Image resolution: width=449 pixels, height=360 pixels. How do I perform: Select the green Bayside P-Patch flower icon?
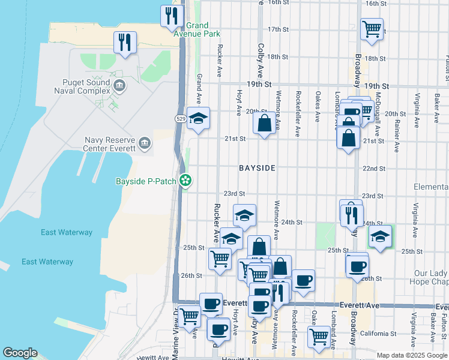click(x=186, y=180)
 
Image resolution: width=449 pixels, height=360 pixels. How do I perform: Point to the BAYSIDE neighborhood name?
click(x=257, y=169)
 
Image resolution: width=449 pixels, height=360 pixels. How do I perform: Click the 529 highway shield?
click(x=181, y=119)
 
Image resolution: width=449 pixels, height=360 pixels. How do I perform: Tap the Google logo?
click(x=20, y=353)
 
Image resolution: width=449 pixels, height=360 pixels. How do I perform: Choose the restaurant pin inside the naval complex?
click(x=125, y=42)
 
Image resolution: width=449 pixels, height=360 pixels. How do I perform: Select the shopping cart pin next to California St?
click(x=318, y=336)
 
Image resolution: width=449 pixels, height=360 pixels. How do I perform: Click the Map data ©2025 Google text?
click(x=411, y=355)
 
